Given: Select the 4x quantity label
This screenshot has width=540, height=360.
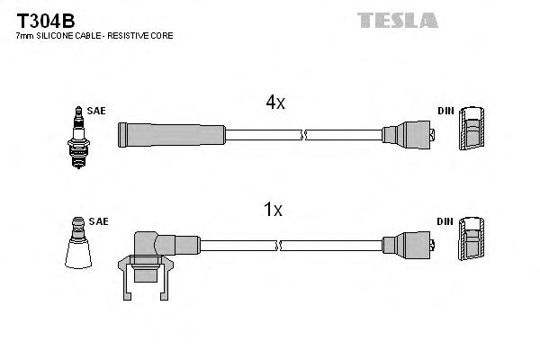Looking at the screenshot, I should pyautogui.click(x=274, y=103).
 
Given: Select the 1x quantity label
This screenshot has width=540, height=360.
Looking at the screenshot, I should pyautogui.click(x=273, y=211).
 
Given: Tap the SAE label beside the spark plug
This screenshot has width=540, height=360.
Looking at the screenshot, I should pyautogui.click(x=96, y=111).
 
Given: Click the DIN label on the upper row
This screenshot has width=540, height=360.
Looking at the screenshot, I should pyautogui.click(x=445, y=111).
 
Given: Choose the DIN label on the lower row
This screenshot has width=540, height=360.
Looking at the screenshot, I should pyautogui.click(x=445, y=220).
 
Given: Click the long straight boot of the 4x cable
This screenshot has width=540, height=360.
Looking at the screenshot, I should pyautogui.click(x=171, y=135).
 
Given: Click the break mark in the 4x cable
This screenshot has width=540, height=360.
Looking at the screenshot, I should pyautogui.click(x=304, y=135).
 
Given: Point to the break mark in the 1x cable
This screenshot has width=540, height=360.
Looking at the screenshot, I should pyautogui.click(x=279, y=245).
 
